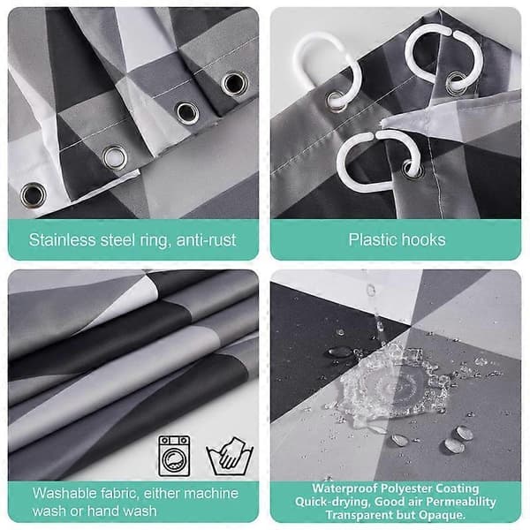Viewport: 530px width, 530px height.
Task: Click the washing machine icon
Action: click(174, 456)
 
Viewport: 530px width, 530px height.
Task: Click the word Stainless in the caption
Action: click(62, 240)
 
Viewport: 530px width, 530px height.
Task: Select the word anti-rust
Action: click(206, 240)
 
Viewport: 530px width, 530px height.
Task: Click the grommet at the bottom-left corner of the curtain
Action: click(33, 194)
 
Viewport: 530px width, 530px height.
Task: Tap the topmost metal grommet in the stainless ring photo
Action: click(234, 83)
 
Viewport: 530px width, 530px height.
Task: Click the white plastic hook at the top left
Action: click(324, 72)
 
